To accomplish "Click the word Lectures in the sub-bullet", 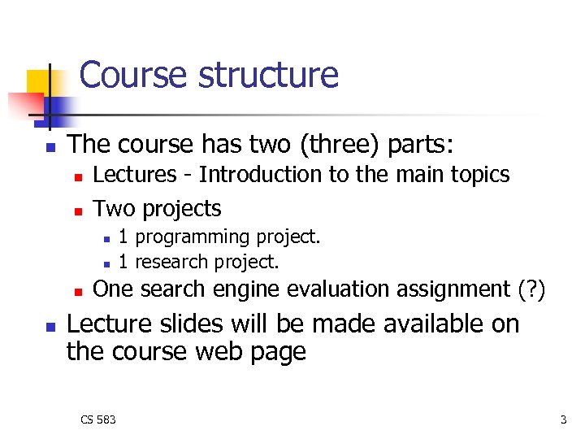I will (135, 175).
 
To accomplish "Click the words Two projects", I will (158, 209).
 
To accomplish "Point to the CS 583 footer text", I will (98, 419).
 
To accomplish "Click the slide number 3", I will (563, 419).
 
